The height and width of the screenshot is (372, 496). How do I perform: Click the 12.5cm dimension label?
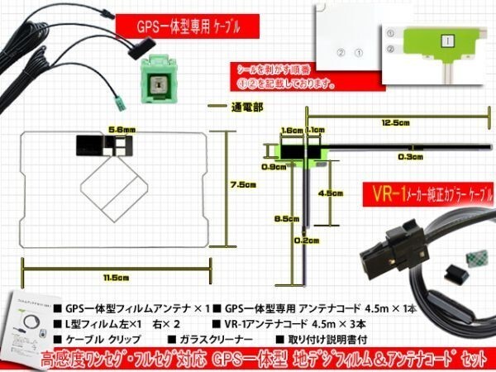click(395, 122)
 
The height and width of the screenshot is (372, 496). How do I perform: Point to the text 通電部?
click(245, 107)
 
